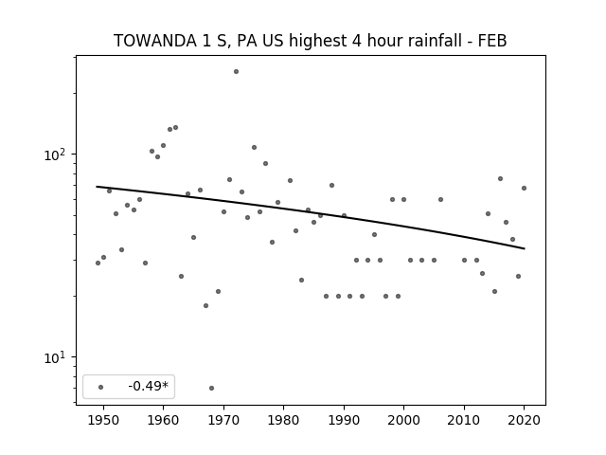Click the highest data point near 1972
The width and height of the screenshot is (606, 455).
coord(236,72)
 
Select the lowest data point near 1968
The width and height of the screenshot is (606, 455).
coord(211,388)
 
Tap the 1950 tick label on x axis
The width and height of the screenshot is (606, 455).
coord(103,420)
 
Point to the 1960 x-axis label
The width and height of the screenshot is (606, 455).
coord(163,420)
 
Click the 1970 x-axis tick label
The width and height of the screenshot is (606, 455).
coord(223,420)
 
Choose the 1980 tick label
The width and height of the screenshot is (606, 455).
coord(283,420)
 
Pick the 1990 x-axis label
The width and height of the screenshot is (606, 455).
coord(344,420)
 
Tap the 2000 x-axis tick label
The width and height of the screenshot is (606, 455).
coord(404,420)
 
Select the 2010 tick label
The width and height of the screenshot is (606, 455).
coord(464,420)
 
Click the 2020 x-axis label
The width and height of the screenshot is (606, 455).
coord(524,420)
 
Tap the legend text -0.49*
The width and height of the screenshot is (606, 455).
coord(149,386)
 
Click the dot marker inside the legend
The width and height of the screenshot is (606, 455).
coord(101,387)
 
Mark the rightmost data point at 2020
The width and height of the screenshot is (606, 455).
coord(524,188)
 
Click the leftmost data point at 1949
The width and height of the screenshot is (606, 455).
coord(98,264)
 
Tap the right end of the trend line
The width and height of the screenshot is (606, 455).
coord(525,248)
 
